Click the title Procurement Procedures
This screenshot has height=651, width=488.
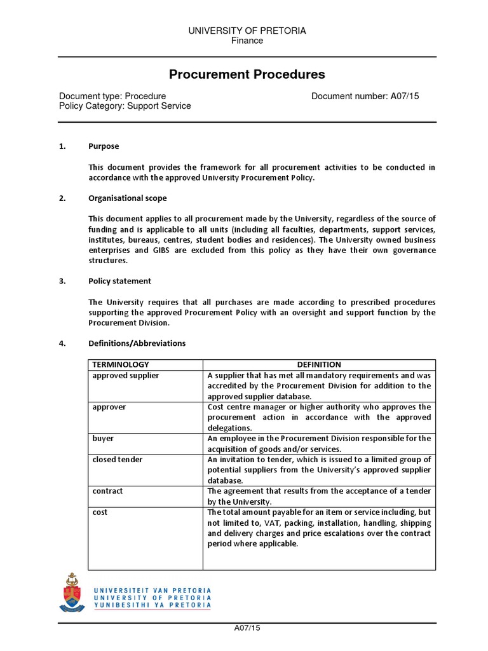tap(247, 74)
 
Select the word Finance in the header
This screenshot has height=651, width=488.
tap(247, 41)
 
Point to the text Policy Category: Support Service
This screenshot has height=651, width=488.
tap(125, 106)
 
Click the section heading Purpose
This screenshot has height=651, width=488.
tap(103, 146)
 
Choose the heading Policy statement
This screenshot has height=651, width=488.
tap(119, 280)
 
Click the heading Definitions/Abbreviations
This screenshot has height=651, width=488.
tap(137, 343)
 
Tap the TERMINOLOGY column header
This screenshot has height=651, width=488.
tap(121, 364)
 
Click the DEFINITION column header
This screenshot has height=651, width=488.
tap(318, 364)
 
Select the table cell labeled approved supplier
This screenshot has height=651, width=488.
tap(126, 375)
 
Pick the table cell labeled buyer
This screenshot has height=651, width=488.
tap(103, 438)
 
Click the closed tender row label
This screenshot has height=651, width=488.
tap(118, 460)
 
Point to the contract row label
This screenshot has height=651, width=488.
tap(107, 491)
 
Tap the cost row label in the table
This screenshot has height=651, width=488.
tap(100, 512)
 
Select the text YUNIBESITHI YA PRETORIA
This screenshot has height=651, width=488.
tap(152, 605)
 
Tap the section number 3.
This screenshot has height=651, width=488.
tap(62, 280)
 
